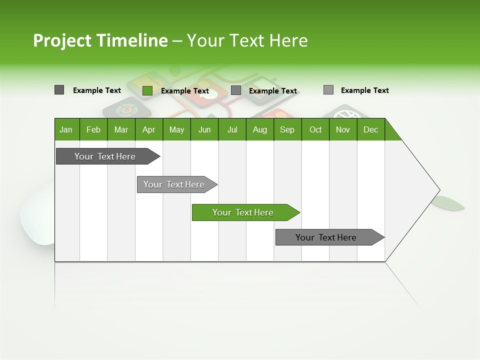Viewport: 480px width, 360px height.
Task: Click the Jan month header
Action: (x=66, y=129)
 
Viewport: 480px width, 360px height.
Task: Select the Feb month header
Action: (x=93, y=129)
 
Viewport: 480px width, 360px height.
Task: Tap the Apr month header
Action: (x=149, y=129)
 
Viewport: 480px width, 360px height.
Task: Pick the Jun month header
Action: (x=204, y=129)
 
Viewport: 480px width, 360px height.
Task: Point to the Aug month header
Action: (x=259, y=129)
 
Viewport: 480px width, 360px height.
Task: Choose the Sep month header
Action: (x=287, y=129)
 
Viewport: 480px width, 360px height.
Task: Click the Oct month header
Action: (x=315, y=129)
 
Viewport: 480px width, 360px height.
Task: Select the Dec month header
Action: (x=370, y=129)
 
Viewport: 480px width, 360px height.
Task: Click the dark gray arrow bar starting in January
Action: (x=105, y=156)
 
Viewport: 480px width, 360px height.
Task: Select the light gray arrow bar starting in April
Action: (x=174, y=184)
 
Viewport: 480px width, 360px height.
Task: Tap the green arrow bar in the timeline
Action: (x=243, y=212)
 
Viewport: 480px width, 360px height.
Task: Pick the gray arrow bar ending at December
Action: (x=326, y=237)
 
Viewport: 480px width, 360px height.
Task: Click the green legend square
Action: (x=147, y=90)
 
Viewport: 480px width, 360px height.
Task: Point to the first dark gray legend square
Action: (x=59, y=90)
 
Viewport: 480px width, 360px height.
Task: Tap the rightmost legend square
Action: (x=328, y=90)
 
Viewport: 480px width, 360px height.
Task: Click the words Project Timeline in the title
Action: (x=100, y=40)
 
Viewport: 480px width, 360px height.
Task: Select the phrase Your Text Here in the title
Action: (x=247, y=40)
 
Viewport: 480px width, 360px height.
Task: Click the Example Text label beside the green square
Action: (x=185, y=91)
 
